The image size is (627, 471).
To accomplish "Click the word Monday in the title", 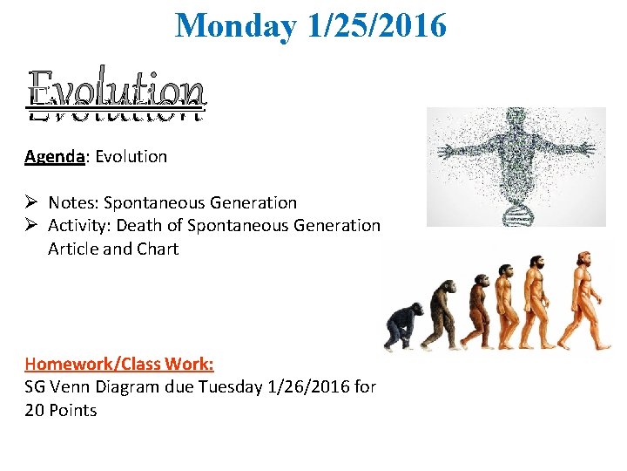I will [236, 26].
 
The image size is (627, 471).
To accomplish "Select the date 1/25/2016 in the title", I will [376, 26].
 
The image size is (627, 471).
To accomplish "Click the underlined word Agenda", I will [54, 157].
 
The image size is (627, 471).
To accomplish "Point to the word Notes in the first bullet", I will [72, 203].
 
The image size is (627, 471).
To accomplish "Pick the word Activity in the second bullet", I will [79, 226].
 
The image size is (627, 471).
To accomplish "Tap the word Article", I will [76, 249].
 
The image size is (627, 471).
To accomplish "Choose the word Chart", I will [158, 249].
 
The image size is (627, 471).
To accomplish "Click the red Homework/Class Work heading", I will [119, 364].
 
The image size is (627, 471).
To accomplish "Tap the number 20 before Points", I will [35, 410].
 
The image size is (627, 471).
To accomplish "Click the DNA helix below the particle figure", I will [516, 206].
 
